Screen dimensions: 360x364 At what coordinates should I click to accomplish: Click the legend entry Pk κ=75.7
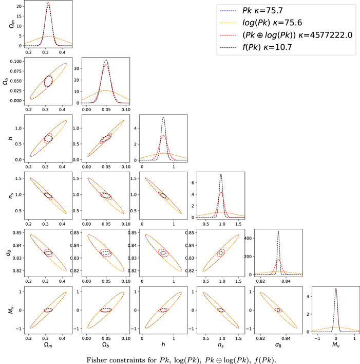pos(251,11)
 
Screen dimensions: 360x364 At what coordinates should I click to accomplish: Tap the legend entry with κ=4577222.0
pos(286,35)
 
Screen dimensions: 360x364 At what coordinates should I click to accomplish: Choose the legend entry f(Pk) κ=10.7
pos(256,47)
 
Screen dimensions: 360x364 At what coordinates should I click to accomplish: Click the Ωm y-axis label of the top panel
pos(12,24)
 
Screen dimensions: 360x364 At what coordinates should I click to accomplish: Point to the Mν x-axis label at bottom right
pos(336,344)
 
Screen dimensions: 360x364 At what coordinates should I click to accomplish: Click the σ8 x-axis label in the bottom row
pos(278,345)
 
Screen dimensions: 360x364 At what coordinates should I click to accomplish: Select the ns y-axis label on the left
pos(11,195)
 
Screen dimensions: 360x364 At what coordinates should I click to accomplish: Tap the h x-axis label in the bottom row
pos(163,344)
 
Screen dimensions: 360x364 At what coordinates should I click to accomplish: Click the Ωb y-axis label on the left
pos(6,81)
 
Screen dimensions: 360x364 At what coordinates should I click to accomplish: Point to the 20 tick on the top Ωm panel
pos(19,6)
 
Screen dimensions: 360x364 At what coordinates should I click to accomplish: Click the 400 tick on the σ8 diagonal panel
pos(248,238)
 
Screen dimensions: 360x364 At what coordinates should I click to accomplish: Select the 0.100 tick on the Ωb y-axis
pos(16,61)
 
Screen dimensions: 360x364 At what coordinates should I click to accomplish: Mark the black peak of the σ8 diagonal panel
pos(278,231)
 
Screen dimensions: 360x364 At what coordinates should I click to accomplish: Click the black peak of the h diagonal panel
pos(163,117)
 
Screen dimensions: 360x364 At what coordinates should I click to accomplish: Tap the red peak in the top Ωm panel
pos(48,3)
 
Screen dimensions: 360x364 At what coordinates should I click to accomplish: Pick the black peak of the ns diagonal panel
pos(221,174)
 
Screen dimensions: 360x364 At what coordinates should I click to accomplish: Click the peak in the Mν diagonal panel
pos(336,289)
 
